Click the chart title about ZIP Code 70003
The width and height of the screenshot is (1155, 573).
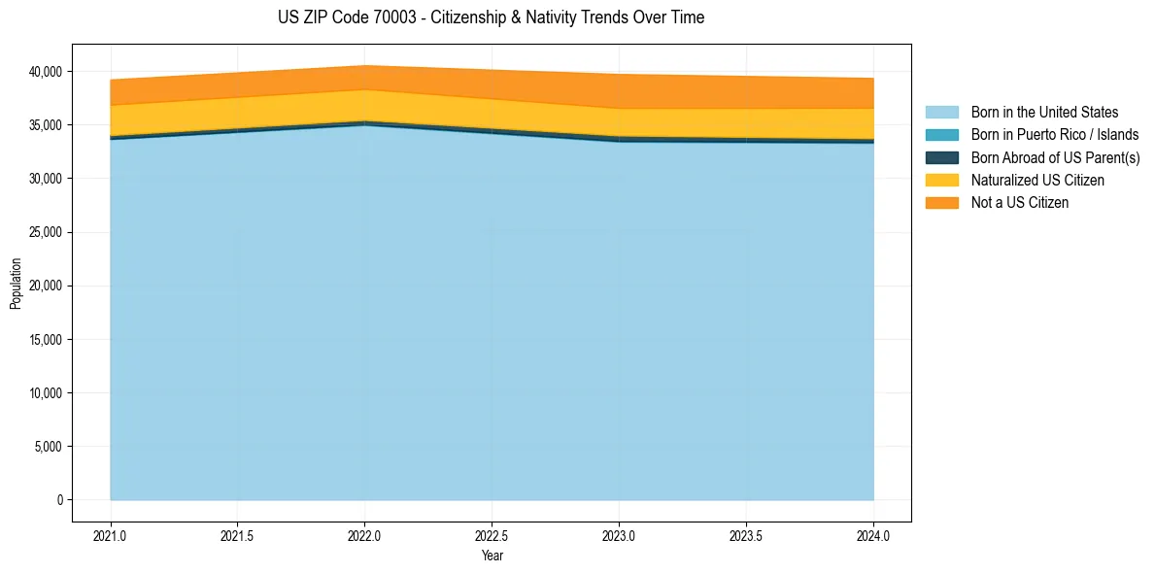(x=491, y=17)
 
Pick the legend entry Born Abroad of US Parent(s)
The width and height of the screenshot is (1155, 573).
(x=1055, y=157)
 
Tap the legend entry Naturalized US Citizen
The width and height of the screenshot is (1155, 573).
(x=1037, y=180)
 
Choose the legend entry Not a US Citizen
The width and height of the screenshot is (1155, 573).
(x=1019, y=202)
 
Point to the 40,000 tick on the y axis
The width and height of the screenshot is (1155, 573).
(x=45, y=72)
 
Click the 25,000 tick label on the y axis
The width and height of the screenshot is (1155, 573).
(x=45, y=233)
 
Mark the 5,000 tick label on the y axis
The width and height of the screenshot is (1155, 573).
(x=48, y=447)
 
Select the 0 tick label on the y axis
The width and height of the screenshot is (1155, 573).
(x=58, y=500)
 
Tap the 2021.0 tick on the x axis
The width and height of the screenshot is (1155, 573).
(x=111, y=534)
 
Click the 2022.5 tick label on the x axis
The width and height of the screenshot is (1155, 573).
(x=492, y=534)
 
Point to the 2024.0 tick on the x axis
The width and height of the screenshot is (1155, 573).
(x=873, y=534)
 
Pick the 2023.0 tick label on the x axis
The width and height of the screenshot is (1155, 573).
(x=619, y=534)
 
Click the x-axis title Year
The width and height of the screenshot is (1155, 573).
(x=492, y=556)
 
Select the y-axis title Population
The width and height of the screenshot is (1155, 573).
(x=16, y=284)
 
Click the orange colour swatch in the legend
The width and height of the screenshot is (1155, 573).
(x=942, y=202)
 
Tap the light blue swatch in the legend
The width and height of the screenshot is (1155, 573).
(x=942, y=113)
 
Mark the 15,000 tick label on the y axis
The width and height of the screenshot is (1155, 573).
(x=45, y=340)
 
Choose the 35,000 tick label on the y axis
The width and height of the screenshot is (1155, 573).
(x=45, y=125)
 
